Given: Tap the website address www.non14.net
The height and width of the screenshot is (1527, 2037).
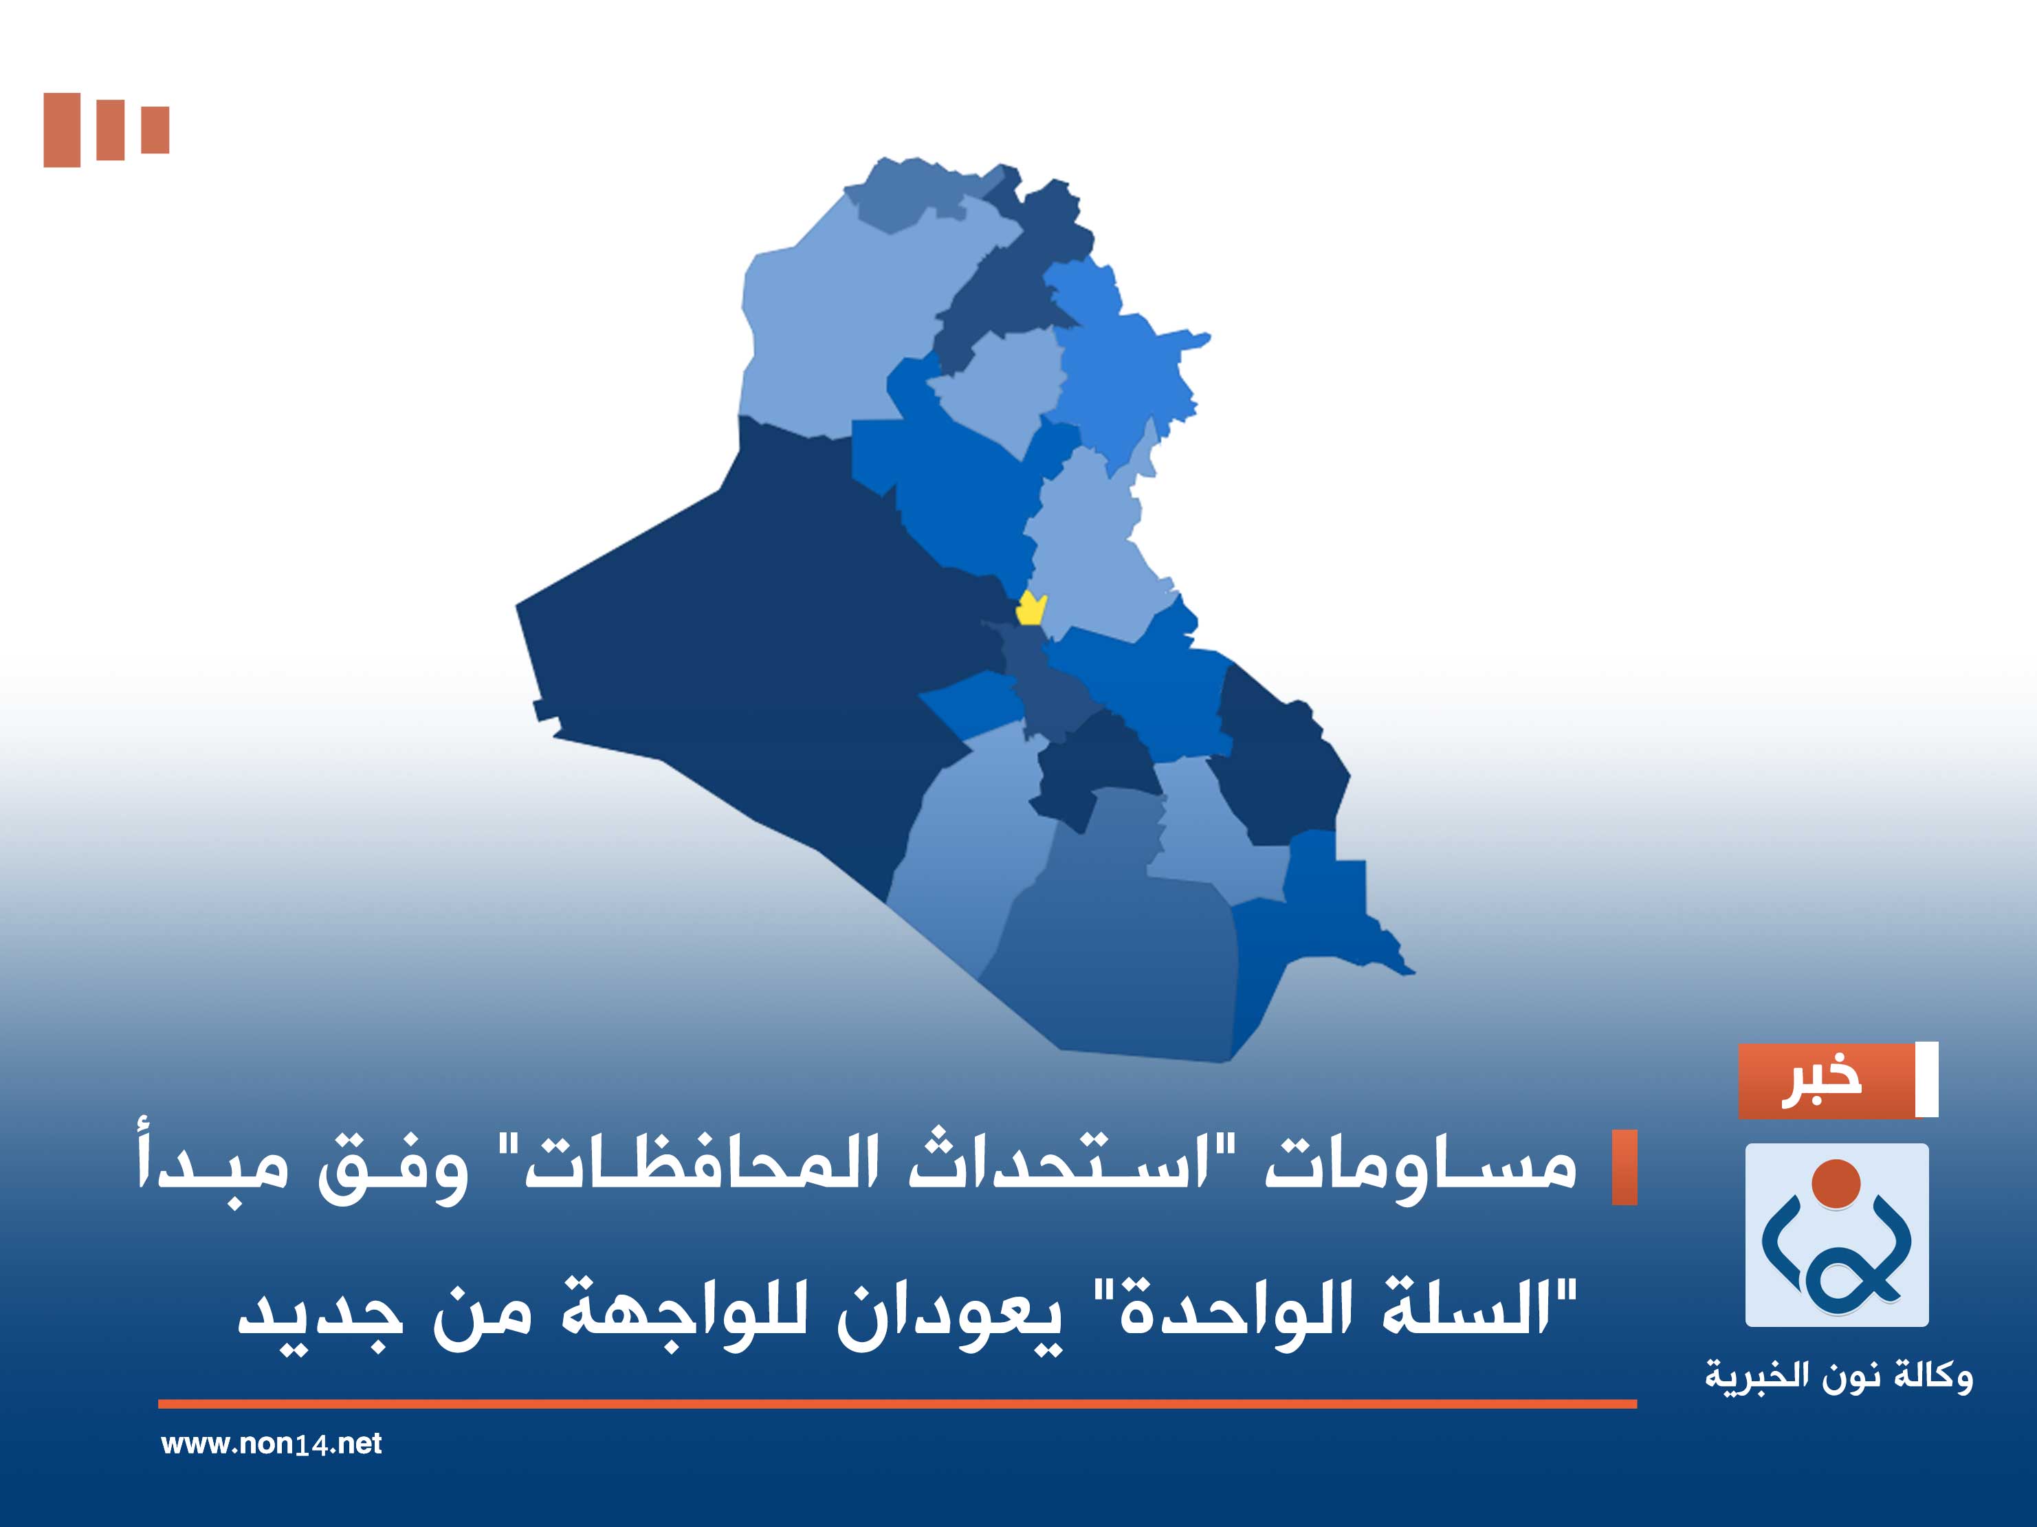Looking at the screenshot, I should tap(271, 1443).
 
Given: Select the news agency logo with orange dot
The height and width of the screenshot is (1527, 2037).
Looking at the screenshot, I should tap(1836, 1234).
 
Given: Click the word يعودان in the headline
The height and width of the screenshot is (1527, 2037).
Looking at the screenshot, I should tap(949, 1312).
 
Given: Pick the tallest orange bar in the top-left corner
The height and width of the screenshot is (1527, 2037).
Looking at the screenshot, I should tap(62, 130).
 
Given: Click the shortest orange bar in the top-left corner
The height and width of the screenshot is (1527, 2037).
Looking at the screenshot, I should tap(155, 130).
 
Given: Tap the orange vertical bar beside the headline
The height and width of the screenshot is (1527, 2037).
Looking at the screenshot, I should tap(1625, 1167).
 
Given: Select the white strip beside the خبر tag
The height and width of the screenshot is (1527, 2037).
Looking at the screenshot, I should tap(1926, 1080).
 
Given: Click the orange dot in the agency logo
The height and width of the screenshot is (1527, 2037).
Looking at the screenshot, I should tap(1836, 1183).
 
